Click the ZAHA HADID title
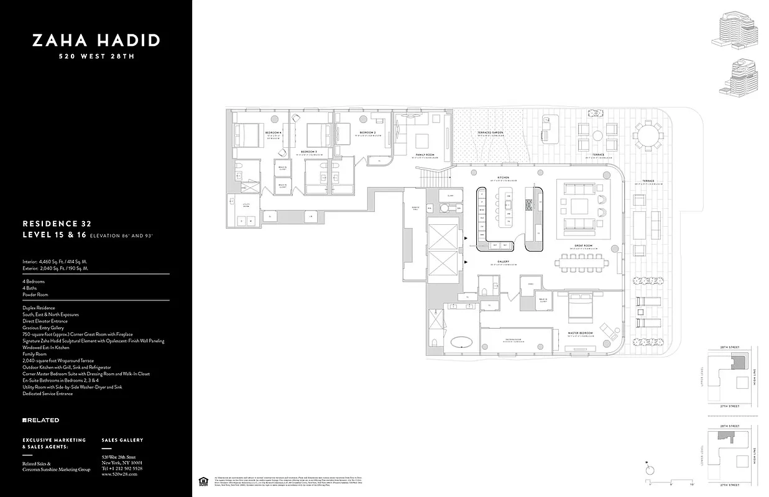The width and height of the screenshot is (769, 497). pos(96,41)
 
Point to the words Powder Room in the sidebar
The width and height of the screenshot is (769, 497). pos(35,294)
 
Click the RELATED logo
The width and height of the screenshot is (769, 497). pos(41,420)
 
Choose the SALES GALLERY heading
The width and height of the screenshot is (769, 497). pos(122,440)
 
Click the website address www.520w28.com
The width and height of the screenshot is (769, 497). pos(119,474)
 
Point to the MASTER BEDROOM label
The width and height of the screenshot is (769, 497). pos(580,334)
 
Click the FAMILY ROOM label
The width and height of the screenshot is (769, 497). pos(425,154)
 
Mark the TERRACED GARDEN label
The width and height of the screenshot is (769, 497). pos(490,133)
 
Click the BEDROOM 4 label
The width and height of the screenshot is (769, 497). pos(273,134)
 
